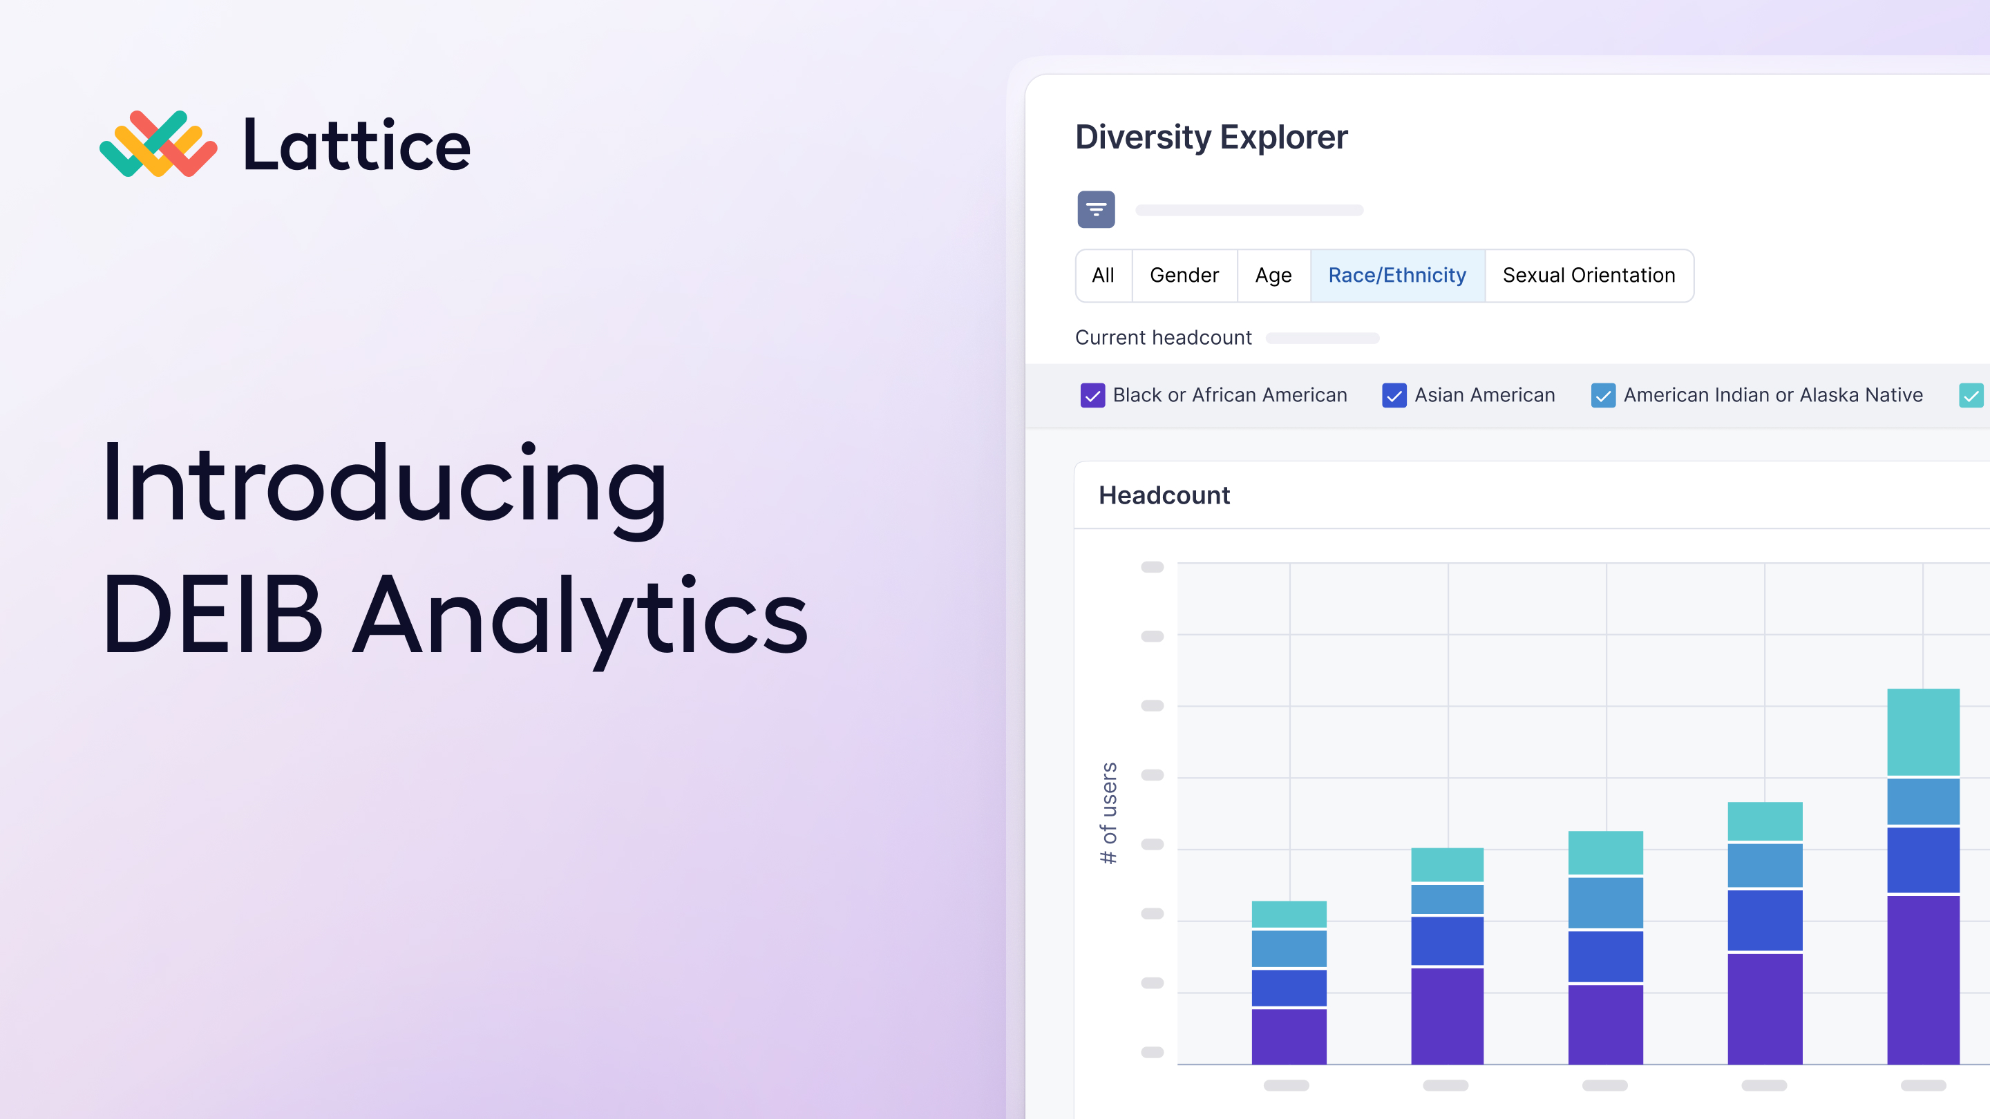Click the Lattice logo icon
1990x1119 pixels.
point(158,144)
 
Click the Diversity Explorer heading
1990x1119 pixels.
point(1211,137)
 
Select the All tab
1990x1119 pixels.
point(1103,275)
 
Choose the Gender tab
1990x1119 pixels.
point(1184,275)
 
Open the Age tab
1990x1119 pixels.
point(1273,275)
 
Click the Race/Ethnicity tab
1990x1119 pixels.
point(1397,275)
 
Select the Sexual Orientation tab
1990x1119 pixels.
point(1589,275)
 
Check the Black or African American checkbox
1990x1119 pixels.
point(1092,395)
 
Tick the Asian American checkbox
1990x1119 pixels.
point(1394,395)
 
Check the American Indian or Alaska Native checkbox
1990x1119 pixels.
point(1603,395)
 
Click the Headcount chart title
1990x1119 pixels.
point(1164,495)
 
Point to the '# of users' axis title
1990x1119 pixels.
point(1108,813)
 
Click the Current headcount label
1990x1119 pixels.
point(1164,338)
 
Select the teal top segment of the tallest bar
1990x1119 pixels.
point(1923,732)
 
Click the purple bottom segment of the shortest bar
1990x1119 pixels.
point(1289,1036)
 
